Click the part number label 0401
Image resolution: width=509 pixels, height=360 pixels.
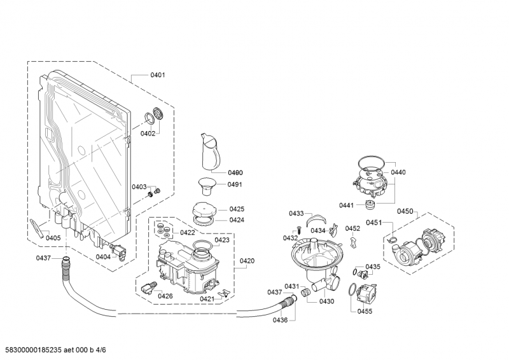coord(157,75)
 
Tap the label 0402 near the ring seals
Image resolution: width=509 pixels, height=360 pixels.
coord(148,134)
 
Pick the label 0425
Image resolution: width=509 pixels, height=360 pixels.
coord(237,209)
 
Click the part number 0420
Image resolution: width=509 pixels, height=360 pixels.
coord(247,261)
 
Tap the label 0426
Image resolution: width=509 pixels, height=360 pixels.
coord(165,296)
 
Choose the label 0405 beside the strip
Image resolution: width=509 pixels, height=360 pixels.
coord(53,238)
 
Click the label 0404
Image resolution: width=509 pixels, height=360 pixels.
coord(103,257)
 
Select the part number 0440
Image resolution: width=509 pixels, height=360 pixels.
coord(398,172)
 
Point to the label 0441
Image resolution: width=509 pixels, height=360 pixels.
coord(346,205)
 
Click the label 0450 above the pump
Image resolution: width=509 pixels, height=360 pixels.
coord(405,211)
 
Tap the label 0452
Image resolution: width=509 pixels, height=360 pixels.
coord(352,228)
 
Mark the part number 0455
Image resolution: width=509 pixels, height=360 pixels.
coord(365,310)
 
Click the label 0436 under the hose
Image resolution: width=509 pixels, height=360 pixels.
coord(281,319)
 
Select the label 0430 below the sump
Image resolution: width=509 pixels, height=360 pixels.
coord(326,301)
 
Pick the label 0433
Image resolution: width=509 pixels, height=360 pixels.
coord(296,213)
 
